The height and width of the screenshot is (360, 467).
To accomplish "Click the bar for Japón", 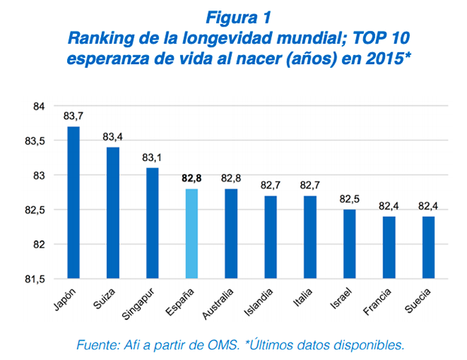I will tap(74, 203).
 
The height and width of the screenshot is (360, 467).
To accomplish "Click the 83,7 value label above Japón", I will tap(73, 115).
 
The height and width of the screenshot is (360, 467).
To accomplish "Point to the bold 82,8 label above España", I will tap(192, 178).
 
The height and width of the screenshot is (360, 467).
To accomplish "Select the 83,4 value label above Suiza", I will tap(113, 136).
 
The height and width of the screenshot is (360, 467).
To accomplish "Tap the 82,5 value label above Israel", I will tap(349, 199).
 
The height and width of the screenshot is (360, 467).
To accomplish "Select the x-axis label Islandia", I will tap(261, 300).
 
